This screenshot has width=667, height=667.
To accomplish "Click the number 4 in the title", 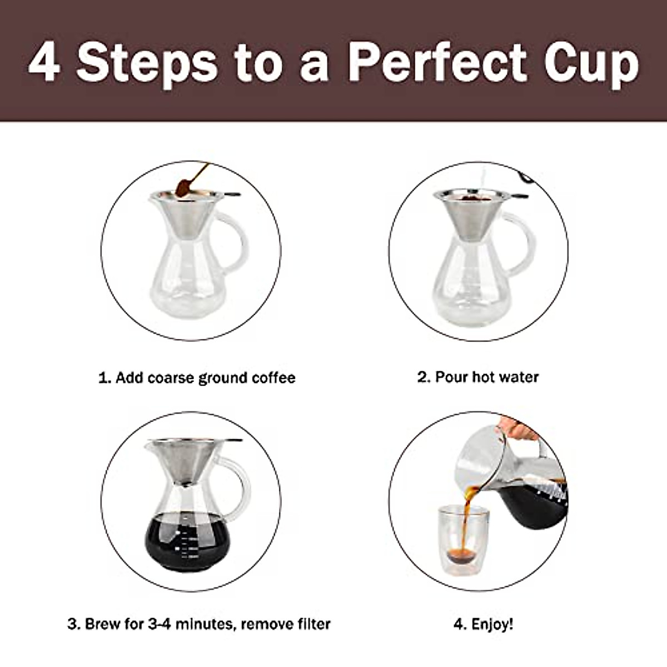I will (44, 62).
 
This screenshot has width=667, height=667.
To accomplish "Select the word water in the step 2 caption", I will (519, 377).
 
